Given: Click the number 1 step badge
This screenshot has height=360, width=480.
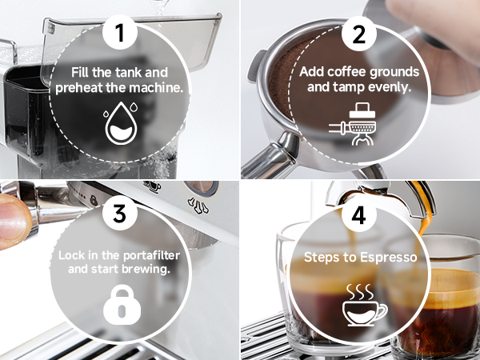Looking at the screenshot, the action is (x=120, y=33).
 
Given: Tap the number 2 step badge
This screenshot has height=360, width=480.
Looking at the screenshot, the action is (x=358, y=34).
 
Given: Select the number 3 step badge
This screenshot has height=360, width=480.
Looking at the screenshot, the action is (x=120, y=213).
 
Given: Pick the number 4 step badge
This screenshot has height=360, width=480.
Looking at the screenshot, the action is (x=358, y=215).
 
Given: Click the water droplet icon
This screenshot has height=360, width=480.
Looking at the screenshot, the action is (x=121, y=123).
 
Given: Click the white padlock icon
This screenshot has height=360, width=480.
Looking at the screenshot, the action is (x=122, y=304).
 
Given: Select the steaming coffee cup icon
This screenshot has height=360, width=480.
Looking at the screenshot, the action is (x=364, y=305).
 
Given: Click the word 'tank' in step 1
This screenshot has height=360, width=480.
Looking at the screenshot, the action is (x=125, y=73).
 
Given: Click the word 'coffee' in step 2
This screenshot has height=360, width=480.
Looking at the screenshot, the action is (x=343, y=72).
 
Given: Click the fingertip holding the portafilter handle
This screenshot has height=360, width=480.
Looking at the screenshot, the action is (x=14, y=221).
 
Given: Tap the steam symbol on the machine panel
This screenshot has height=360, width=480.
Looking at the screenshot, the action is (x=198, y=205).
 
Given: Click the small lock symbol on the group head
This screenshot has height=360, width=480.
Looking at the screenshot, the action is (x=94, y=200).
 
